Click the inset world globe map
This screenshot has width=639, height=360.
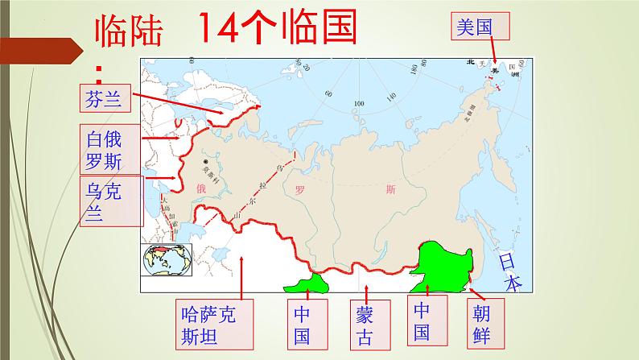click(x=167, y=259)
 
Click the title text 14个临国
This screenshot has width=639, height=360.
click(x=277, y=30)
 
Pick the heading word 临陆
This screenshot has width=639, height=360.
click(x=129, y=34)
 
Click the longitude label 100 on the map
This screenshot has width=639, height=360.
click(x=358, y=104)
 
